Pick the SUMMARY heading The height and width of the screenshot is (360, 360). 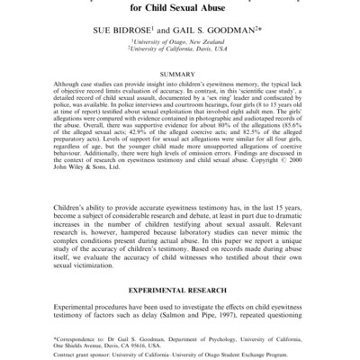click(x=180, y=75)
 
